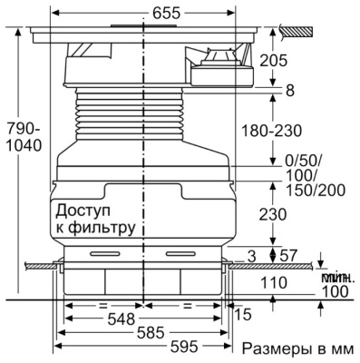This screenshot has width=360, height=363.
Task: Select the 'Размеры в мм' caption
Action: click(291, 349)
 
